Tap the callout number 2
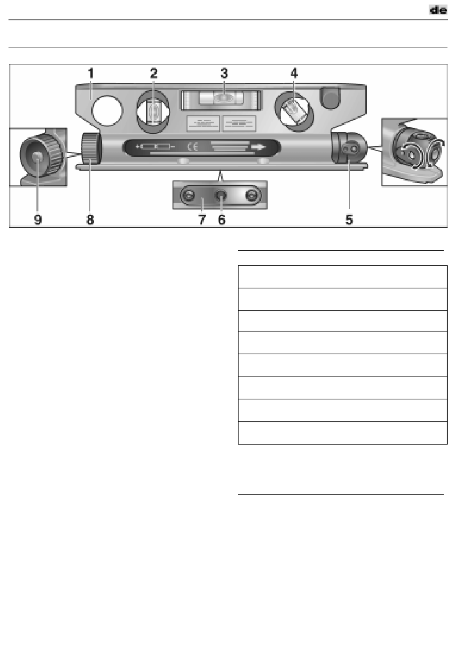point(154,74)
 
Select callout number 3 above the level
point(224,74)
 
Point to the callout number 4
point(294,74)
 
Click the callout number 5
point(349,220)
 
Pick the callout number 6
point(222,220)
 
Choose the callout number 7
point(202,220)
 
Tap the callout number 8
point(90,220)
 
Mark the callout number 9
point(38,220)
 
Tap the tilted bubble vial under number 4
point(295,111)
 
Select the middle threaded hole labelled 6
point(221,195)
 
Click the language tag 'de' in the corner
point(438,9)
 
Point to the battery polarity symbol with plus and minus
point(155,147)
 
